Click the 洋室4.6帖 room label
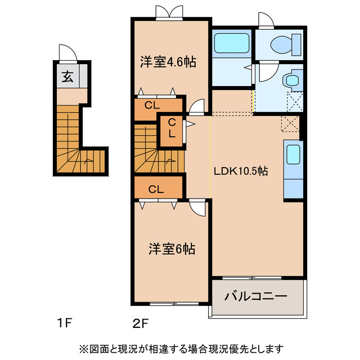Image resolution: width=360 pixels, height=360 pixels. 168,62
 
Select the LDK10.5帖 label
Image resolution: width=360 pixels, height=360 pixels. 240,172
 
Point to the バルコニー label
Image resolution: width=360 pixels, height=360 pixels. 256,296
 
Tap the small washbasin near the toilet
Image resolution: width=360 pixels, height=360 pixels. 292,80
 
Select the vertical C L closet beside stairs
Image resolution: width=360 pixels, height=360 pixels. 171,129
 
